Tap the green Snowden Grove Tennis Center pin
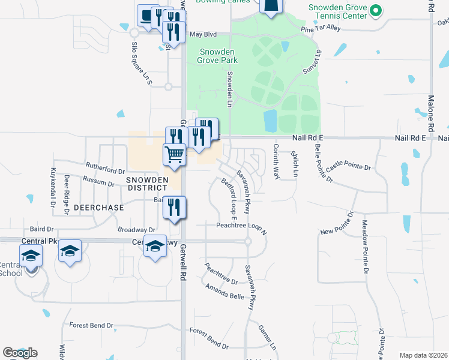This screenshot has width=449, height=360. pyautogui.click(x=376, y=10)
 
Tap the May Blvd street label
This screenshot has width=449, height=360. pyautogui.click(x=203, y=34)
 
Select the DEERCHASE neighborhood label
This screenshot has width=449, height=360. pyautogui.click(x=98, y=208)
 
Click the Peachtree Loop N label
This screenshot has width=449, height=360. pyautogui.click(x=241, y=226)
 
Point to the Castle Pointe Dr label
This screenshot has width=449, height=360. pyautogui.click(x=351, y=167)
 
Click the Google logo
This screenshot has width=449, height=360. pyautogui.click(x=20, y=353)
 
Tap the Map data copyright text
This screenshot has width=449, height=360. pyautogui.click(x=423, y=355)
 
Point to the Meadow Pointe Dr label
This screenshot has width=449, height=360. pyautogui.click(x=364, y=246)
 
